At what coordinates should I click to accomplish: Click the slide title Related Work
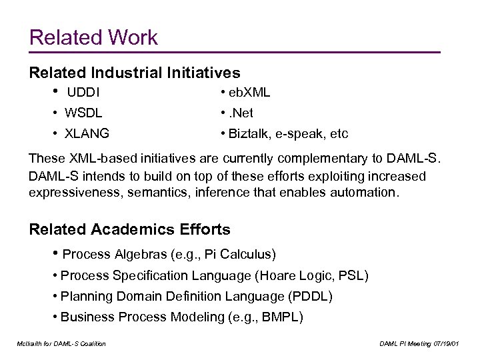(94, 37)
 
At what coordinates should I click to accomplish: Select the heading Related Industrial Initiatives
(135, 71)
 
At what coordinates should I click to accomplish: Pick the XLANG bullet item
(88, 133)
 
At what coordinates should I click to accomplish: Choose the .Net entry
(241, 113)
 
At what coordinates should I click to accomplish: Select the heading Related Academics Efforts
(130, 230)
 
